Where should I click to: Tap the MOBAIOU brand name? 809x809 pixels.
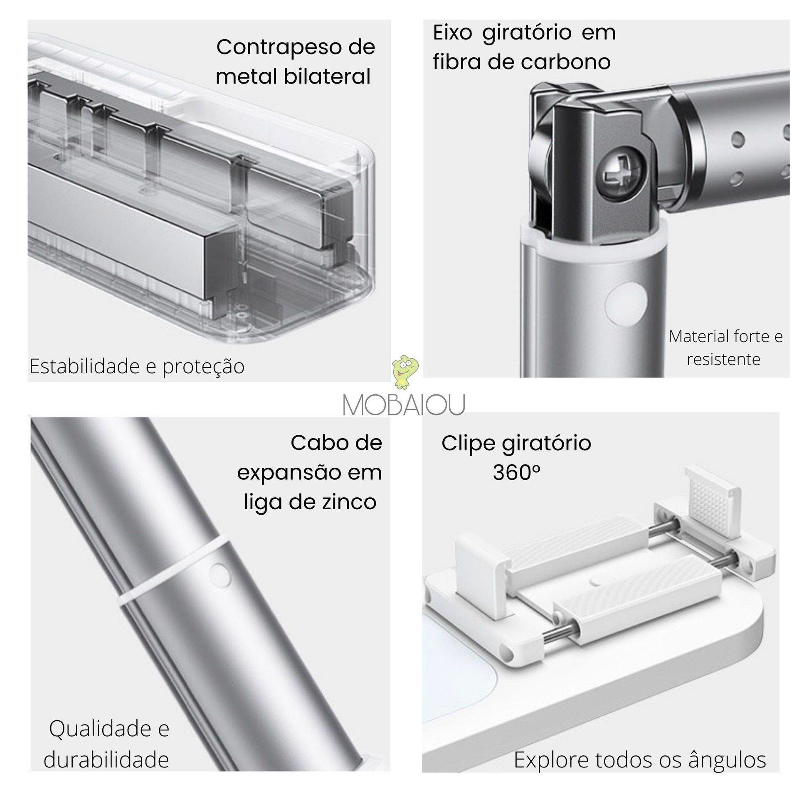[x=404, y=405]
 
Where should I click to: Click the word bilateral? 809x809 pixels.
[x=327, y=76]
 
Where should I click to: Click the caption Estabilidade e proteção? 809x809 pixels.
[x=137, y=366]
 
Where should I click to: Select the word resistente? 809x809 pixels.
[x=723, y=359]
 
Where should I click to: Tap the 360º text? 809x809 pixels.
[x=516, y=473]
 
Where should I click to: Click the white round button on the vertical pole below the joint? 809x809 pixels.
[x=626, y=304]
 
